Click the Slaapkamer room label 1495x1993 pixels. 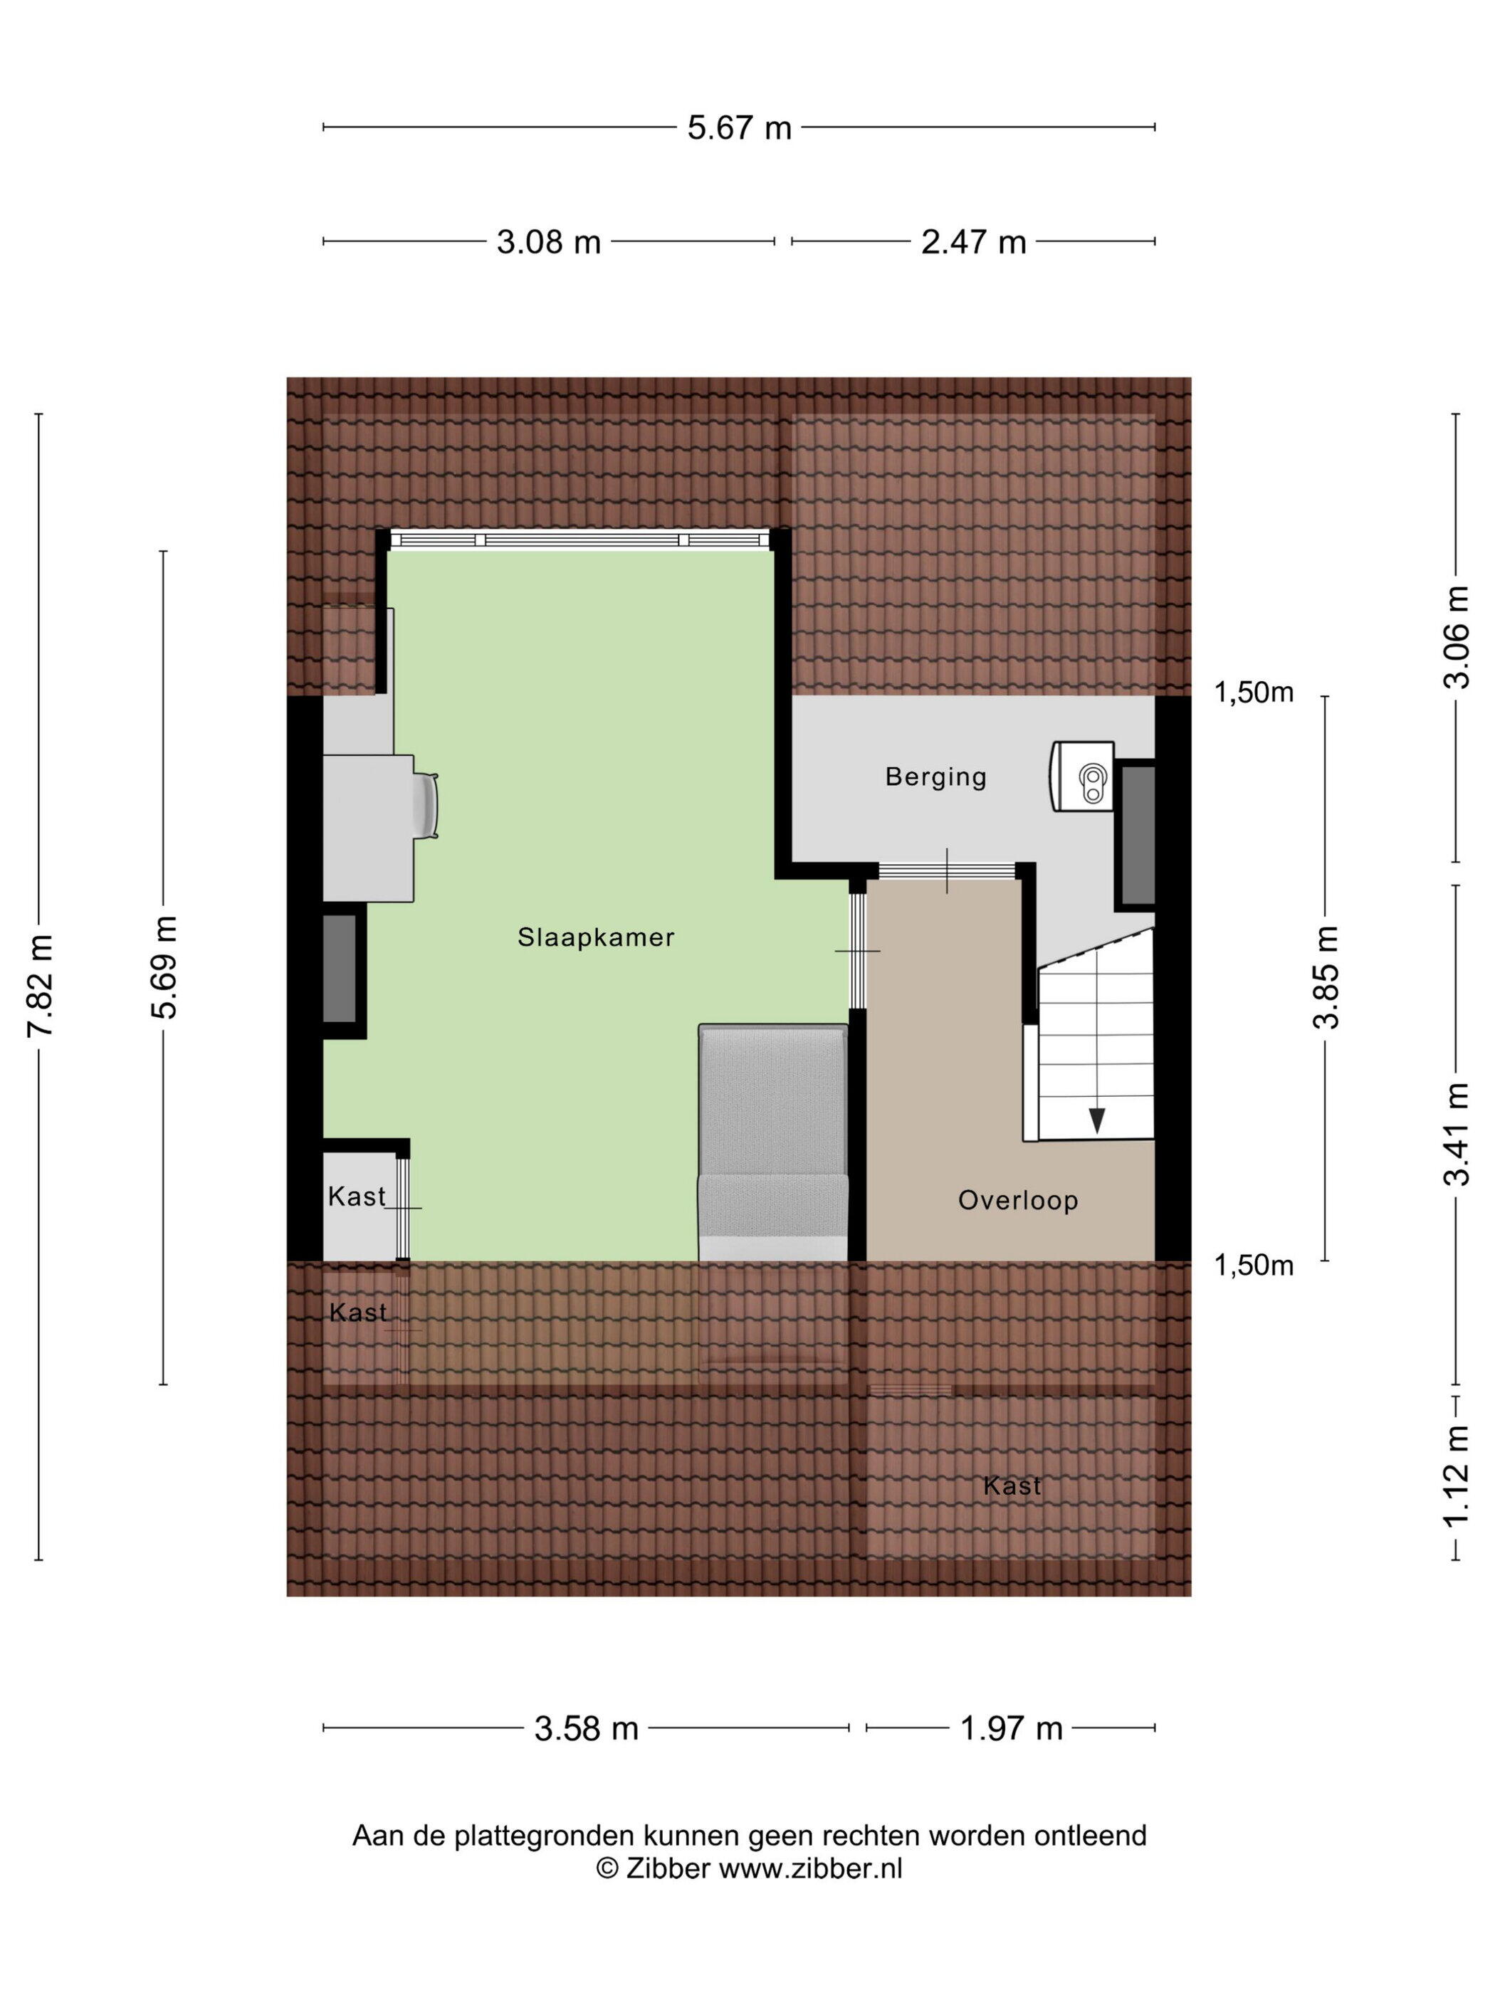596,938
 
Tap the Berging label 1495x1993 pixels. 935,777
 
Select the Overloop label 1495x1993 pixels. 1017,1200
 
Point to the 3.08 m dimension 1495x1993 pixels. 549,241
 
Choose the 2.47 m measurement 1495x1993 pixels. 973,241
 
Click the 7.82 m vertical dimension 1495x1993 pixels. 41,986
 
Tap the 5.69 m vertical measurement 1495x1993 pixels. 165,967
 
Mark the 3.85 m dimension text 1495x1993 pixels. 1326,977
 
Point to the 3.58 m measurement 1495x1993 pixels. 587,1729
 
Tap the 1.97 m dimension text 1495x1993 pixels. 1011,1729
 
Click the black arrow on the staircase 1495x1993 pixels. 1097,1120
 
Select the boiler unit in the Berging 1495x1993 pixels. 1082,777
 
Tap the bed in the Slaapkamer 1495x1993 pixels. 773,1142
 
